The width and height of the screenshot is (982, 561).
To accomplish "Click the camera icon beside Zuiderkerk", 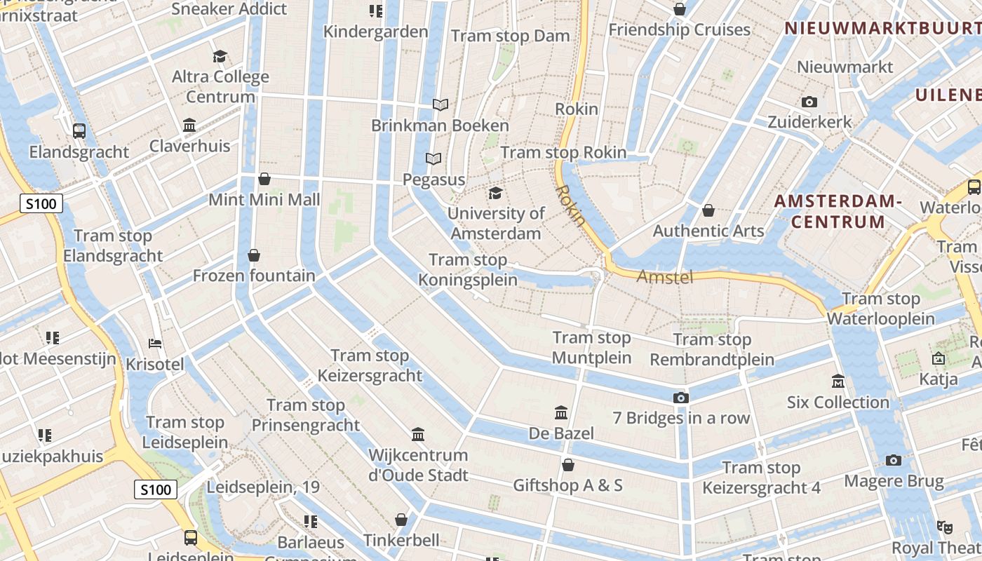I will click(809, 102).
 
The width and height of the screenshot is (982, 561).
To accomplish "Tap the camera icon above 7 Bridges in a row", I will click(680, 398).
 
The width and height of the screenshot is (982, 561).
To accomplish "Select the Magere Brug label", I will click(894, 482).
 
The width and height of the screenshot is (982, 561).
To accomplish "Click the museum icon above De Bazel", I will click(561, 412).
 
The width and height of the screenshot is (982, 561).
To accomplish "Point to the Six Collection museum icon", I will click(838, 381).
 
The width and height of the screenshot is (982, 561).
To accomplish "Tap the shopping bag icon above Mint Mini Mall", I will click(264, 179).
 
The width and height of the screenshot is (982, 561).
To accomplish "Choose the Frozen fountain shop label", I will click(254, 276).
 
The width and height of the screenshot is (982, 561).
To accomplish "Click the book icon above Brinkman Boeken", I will click(440, 105).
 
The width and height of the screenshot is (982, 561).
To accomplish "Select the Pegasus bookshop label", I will click(433, 180).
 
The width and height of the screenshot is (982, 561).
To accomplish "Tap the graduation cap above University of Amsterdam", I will click(496, 193).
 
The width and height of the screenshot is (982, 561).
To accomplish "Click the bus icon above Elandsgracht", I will click(79, 130).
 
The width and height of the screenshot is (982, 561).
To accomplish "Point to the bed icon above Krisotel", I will click(155, 344).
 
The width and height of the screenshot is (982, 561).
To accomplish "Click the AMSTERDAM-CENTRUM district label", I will click(838, 212).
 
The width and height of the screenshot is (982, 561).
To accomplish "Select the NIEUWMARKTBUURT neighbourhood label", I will click(882, 28).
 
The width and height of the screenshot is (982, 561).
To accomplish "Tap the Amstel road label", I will click(664, 277).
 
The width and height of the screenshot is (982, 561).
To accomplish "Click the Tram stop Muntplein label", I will click(591, 348).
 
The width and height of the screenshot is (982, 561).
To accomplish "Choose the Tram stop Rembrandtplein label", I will click(712, 350).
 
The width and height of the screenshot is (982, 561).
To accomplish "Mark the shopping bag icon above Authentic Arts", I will click(708, 210).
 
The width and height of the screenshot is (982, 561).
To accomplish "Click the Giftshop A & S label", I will click(567, 485).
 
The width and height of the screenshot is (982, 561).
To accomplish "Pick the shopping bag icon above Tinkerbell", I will click(401, 520).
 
